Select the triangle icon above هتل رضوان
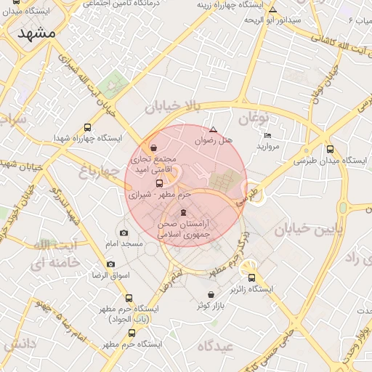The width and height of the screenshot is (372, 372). (213, 129)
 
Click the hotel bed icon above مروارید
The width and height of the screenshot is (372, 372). (267, 136)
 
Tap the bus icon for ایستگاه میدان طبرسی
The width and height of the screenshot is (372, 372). (331, 150)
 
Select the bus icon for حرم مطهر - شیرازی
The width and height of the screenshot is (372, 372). (159, 183)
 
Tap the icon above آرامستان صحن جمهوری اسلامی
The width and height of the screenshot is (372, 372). (182, 213)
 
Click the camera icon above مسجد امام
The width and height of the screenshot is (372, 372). (124, 233)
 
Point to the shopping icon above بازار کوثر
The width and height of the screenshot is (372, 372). (211, 294)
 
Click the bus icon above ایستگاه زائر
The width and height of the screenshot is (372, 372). (252, 277)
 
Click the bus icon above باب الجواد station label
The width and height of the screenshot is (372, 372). (129, 298)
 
